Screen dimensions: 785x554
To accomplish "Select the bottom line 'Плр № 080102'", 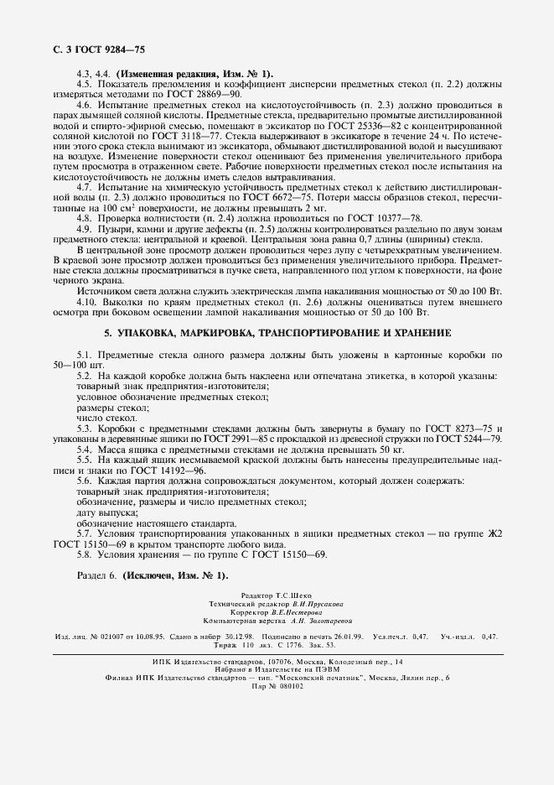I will point(277,684).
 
